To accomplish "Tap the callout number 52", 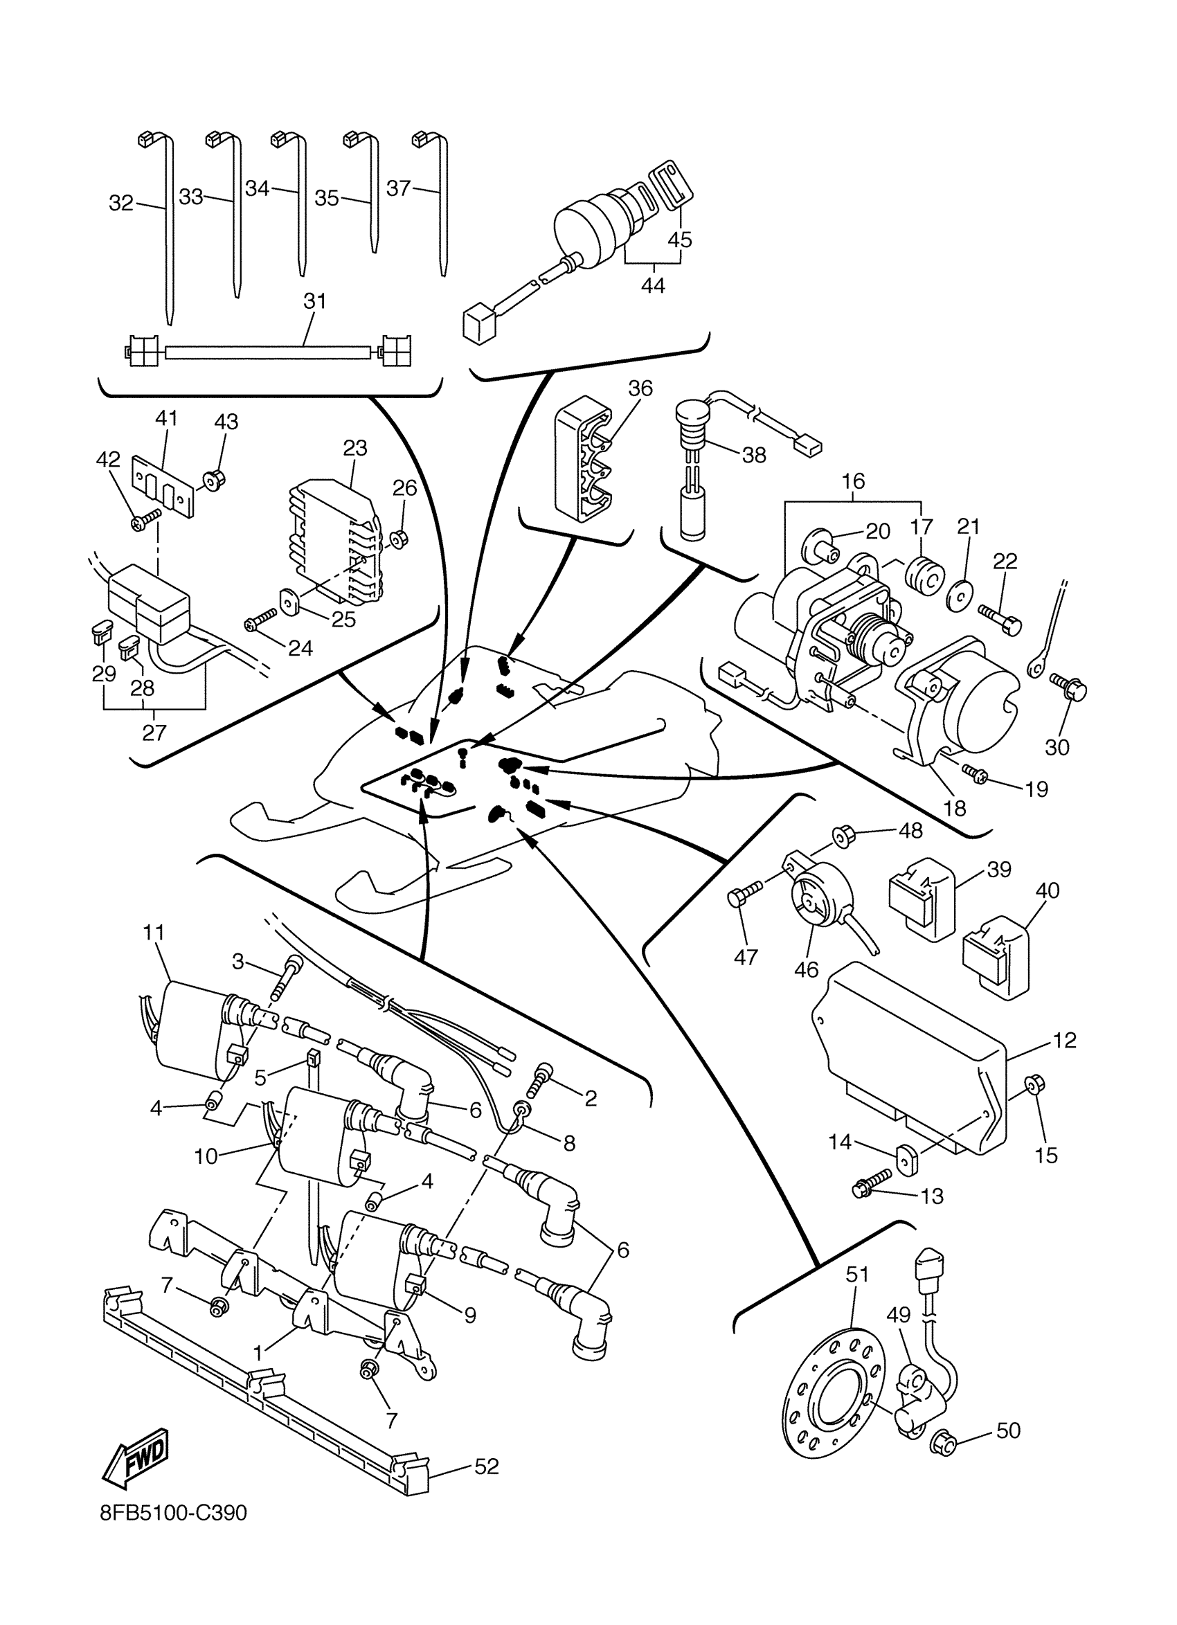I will coord(487,1466).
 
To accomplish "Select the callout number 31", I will coord(314,302).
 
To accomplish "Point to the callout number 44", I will coord(653,285).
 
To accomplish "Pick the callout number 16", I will coord(853,481).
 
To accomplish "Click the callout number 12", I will coord(1065,1041).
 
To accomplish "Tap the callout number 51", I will coord(858,1274).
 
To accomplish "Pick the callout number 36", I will coord(640,388).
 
